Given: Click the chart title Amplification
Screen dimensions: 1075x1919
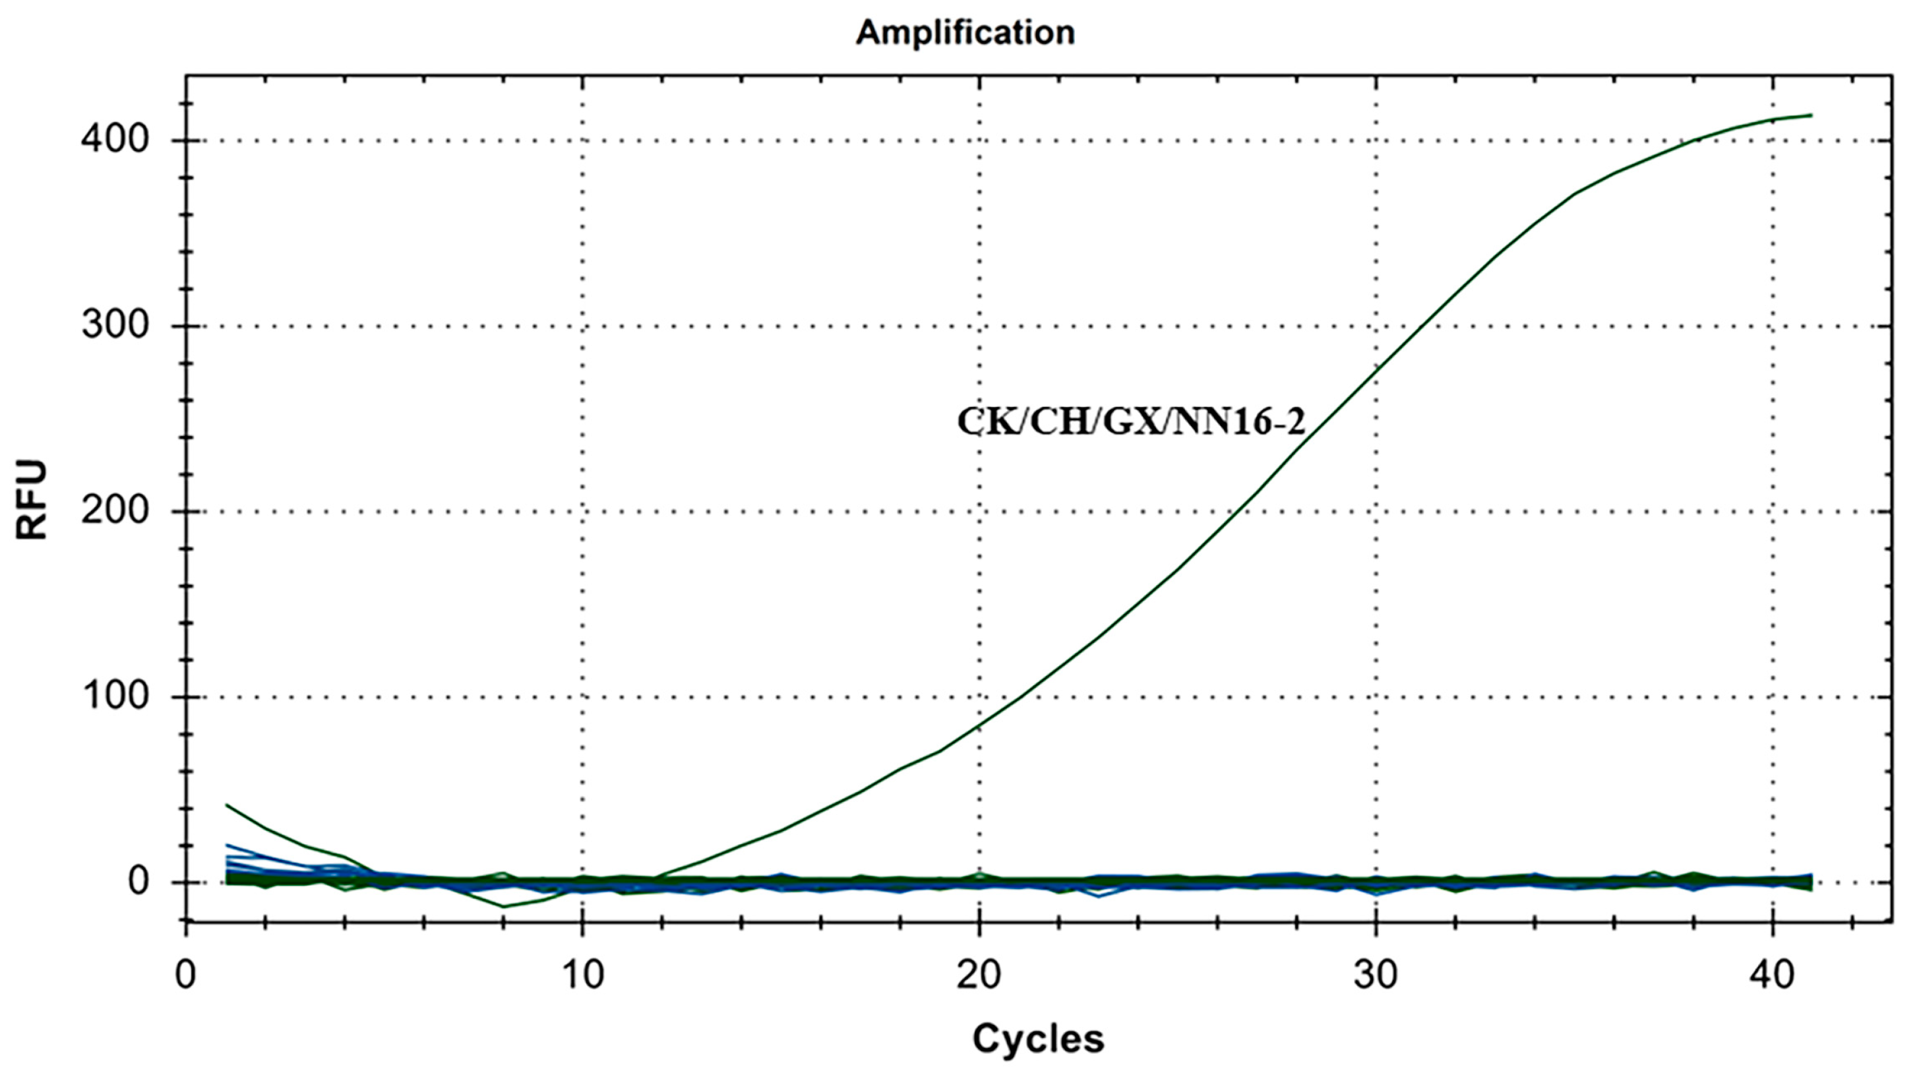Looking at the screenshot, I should [965, 33].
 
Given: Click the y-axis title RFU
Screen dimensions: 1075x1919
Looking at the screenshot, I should [32, 499].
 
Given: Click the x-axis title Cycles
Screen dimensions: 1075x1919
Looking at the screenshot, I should [1038, 1038].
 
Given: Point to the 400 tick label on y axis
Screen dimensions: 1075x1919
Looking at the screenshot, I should [115, 139].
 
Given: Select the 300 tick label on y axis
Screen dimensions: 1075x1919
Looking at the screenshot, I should [115, 326].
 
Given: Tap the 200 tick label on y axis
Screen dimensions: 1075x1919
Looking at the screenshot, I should [115, 511].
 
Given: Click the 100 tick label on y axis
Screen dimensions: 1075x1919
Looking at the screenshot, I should [115, 696].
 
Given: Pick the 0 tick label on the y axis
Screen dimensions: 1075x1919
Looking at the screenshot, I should [138, 882].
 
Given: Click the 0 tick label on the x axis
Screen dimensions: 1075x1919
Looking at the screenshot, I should [185, 975].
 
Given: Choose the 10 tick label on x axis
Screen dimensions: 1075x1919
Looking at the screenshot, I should [582, 975].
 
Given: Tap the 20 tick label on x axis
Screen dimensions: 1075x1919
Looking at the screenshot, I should [978, 975].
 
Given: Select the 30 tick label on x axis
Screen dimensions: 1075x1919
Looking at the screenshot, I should [1375, 975].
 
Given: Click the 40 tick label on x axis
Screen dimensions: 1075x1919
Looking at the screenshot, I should [1771, 975].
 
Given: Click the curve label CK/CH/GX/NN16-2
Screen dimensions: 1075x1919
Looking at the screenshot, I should [1131, 421].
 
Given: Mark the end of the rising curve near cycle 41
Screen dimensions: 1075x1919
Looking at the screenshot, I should [1811, 115].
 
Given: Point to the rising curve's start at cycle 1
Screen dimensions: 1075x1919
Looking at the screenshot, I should [226, 805].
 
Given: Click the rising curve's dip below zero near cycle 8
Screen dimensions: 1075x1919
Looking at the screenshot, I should [504, 907].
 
